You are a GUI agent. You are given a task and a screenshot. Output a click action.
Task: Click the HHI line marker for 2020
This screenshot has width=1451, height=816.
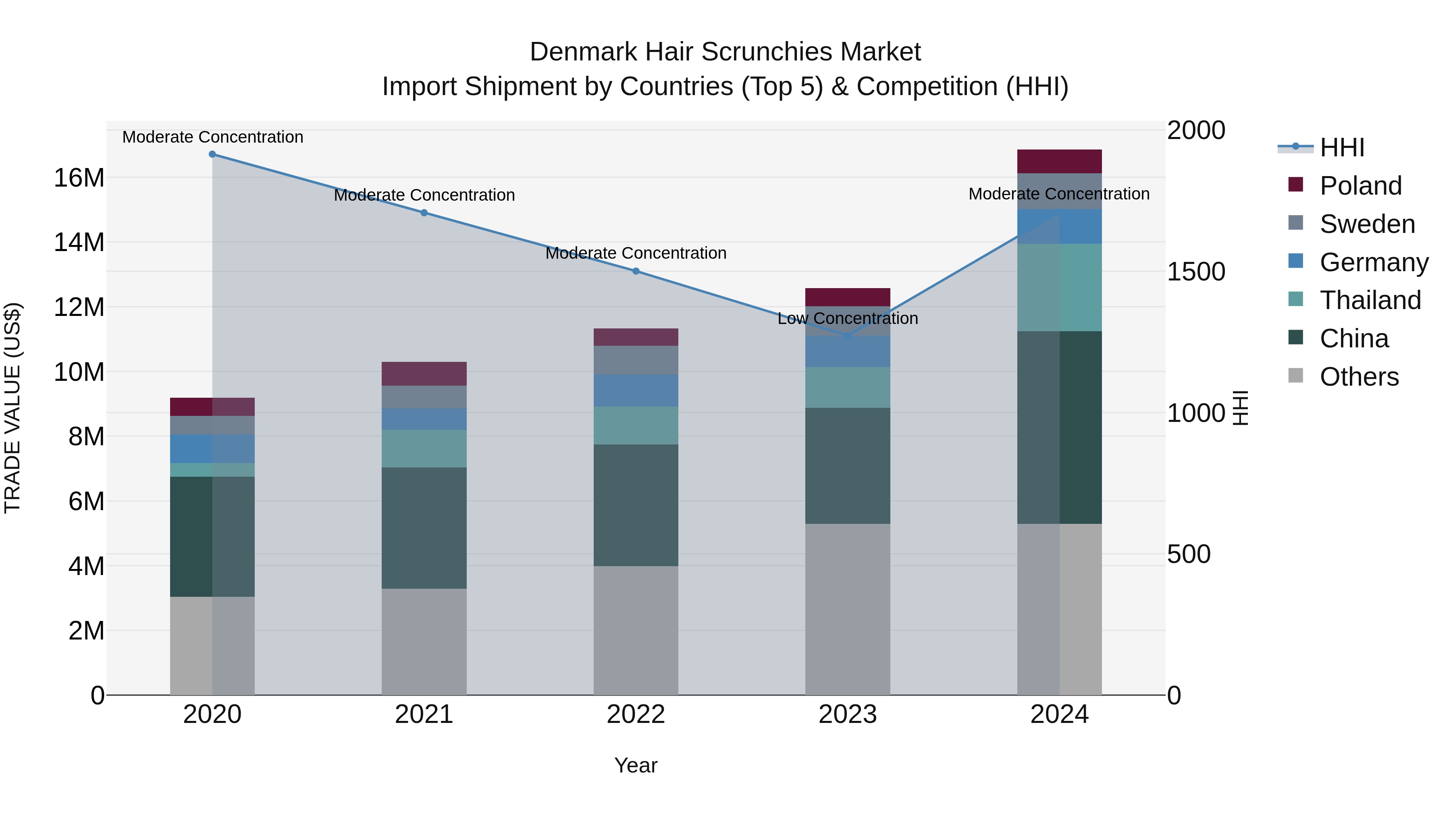coord(212,154)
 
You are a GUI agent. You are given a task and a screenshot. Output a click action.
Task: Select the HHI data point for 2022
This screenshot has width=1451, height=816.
coord(636,271)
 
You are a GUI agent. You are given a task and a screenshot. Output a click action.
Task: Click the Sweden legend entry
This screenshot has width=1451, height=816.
coord(1367,224)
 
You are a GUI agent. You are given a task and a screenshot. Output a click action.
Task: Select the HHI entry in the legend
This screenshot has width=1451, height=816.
coord(1342,147)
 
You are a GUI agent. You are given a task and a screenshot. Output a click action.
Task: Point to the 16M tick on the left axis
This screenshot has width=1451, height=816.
coord(79,178)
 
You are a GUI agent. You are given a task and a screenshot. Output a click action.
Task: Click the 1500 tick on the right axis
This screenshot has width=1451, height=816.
coord(1196,272)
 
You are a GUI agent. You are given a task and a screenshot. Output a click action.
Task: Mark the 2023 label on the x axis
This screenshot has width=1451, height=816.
coord(848,714)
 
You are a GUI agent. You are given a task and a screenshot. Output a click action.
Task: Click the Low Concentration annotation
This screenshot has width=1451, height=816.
coord(848,318)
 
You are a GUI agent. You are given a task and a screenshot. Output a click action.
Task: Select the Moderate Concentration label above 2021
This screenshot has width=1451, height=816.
coord(424,195)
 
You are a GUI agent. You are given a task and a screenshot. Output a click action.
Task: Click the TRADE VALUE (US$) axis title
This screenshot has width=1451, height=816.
coord(13,408)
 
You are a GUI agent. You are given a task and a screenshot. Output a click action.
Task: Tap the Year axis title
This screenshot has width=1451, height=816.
coord(636,765)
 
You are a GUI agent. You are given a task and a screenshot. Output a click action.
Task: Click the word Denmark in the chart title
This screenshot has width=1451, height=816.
coord(584,52)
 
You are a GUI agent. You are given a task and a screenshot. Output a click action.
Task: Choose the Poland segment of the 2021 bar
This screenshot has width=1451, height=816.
coord(424,374)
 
